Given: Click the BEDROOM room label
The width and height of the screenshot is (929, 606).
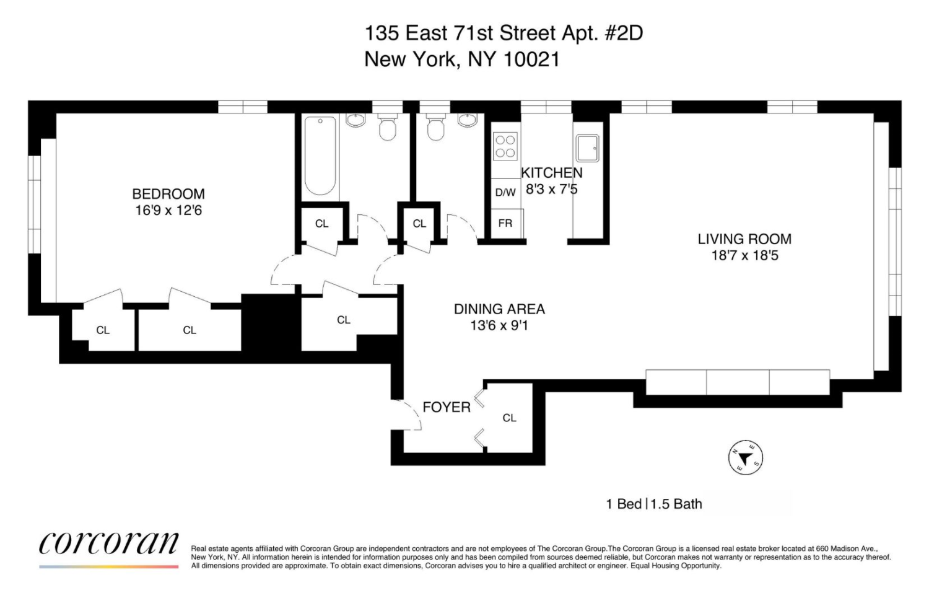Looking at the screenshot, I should (168, 194).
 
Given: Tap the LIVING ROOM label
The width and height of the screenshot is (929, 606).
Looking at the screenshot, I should (744, 239).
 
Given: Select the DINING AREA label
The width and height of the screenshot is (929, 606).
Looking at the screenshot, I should (499, 309).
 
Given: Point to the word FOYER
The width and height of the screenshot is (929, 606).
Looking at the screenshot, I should (447, 407).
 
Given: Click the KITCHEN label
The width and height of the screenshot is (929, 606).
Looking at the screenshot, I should (551, 173).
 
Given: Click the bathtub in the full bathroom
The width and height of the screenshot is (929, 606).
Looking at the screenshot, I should (320, 155).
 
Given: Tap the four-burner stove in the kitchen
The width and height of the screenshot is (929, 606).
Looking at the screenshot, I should (505, 147).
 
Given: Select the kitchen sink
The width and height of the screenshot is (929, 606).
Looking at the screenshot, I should (587, 148).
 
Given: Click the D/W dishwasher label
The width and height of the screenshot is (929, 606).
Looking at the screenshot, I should (505, 193).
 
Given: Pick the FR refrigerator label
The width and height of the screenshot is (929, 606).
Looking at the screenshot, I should (505, 223).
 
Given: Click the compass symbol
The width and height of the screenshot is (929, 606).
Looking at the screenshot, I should (745, 459).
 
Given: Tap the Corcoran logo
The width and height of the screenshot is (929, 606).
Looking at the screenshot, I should (109, 544).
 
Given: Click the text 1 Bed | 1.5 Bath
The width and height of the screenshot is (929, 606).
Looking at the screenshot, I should (654, 504).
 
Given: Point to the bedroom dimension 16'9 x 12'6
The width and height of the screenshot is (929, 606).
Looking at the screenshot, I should (168, 211).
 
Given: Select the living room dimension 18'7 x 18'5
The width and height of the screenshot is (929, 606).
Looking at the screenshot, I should (744, 255).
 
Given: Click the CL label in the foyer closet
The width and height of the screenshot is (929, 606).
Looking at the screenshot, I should (509, 418).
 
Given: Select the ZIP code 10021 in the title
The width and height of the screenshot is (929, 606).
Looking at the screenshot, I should (531, 59).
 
